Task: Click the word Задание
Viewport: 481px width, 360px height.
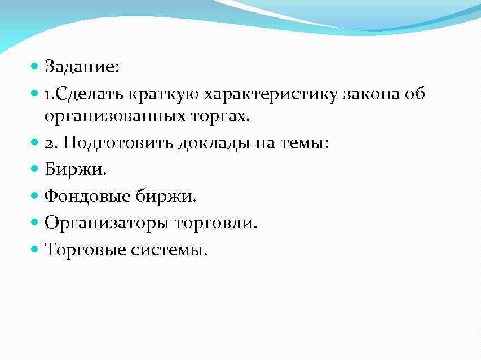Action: click(81, 67)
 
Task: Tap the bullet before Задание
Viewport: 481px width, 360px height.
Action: click(35, 66)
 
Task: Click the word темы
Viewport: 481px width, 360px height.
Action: click(305, 144)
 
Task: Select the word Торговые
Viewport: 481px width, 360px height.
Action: click(85, 248)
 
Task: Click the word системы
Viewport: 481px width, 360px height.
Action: click(169, 249)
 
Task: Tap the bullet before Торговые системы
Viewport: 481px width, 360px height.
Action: click(35, 248)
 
